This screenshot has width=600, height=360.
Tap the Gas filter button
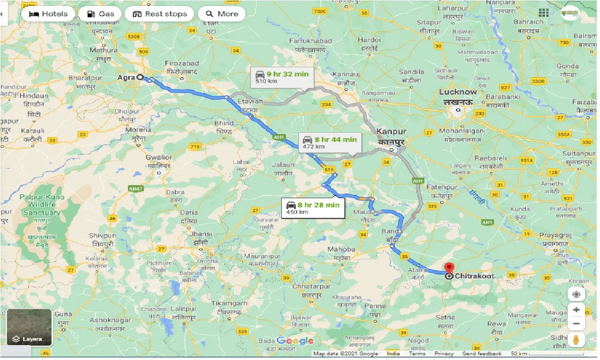pos(100,14)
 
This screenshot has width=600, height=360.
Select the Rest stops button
pos(159,14)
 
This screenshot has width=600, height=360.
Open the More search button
pos(222,14)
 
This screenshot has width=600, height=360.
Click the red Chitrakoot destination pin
pos(449,268)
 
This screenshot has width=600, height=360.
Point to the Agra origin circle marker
pos(140,77)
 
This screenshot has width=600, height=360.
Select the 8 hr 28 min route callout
pos(313,208)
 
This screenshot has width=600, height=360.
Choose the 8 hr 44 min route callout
pos(330,142)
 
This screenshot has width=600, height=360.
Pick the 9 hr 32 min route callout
pos(282,77)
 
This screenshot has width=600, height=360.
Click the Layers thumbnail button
pos(29,327)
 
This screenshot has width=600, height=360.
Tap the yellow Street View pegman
pos(577,340)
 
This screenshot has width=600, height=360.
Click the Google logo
pos(295,341)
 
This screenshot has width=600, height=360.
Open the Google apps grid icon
pos(543,13)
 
